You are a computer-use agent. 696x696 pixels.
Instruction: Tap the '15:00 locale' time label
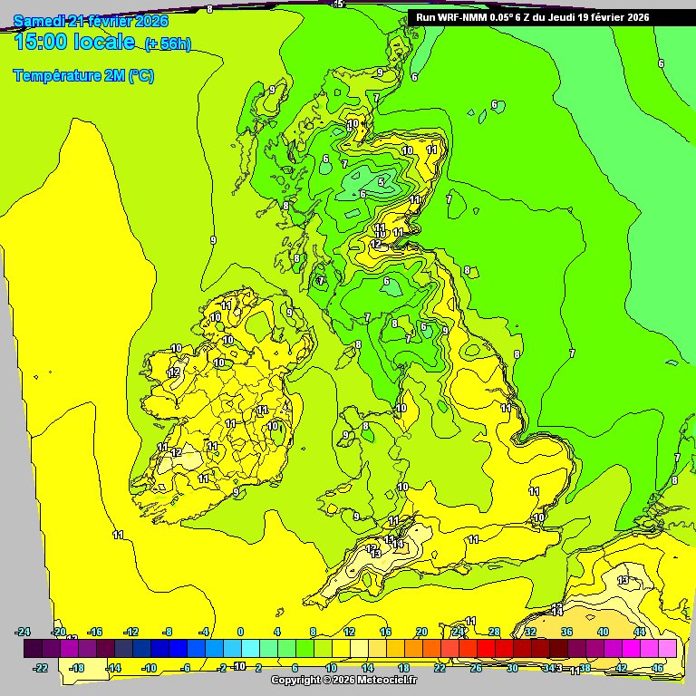75,43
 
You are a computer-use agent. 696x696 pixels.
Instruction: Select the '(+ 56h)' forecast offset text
168,44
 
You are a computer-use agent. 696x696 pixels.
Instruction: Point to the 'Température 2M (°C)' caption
83,76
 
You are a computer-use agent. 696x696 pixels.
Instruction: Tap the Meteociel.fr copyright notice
343,680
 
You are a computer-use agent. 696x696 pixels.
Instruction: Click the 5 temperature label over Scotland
382,182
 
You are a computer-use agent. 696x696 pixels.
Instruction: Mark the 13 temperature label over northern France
623,580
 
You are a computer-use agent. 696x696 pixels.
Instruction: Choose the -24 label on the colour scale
24,632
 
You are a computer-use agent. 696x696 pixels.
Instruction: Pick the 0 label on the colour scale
240,632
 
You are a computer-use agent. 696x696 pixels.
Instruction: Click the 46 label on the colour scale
658,668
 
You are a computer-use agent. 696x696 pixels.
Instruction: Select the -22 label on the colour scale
41,668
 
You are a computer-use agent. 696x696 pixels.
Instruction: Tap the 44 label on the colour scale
639,632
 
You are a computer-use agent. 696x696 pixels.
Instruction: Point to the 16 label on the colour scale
385,632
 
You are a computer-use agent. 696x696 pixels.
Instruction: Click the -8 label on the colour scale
167,632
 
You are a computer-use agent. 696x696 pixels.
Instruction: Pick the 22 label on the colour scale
440,668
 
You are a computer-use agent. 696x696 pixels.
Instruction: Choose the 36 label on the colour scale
566,632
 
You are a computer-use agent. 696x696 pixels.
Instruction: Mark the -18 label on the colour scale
77,668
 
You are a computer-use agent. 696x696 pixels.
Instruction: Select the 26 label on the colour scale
476,668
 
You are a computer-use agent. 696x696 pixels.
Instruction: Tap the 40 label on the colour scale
603,632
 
